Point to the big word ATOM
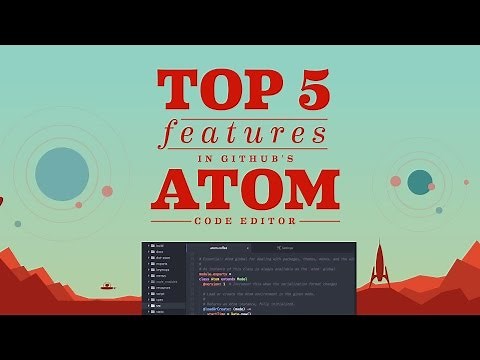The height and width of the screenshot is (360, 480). coord(240,190)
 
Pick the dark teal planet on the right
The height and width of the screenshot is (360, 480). coord(420,181)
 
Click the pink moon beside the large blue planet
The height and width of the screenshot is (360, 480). coord(107,191)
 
